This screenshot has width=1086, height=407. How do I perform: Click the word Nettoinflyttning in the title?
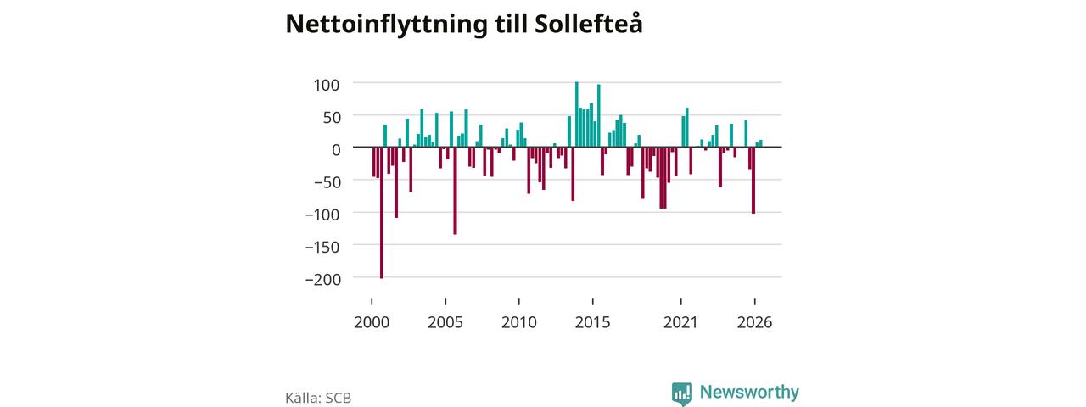pos(386,25)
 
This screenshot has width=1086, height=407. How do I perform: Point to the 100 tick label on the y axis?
pos(327,86)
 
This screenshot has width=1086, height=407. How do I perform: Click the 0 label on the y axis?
pos(336,150)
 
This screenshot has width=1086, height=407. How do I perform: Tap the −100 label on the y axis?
pos(323,215)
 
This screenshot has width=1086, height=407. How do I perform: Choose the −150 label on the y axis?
pos(323,247)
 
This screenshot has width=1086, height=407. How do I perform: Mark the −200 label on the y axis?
pos(323,280)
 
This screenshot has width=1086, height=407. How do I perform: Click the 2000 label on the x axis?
pos(372,322)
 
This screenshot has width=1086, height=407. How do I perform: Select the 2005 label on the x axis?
pos(445,322)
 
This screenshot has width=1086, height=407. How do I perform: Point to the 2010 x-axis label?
pos(519,322)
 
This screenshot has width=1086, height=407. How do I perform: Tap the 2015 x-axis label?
pos(593,322)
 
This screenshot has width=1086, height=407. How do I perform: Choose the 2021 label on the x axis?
pos(680,322)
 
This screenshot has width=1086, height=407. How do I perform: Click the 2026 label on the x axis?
pos(755,322)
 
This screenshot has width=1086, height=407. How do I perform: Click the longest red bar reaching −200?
pos(382,213)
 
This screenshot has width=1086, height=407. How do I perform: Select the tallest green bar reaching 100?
pos(576,114)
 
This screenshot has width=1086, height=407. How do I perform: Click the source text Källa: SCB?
pos(318,398)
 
